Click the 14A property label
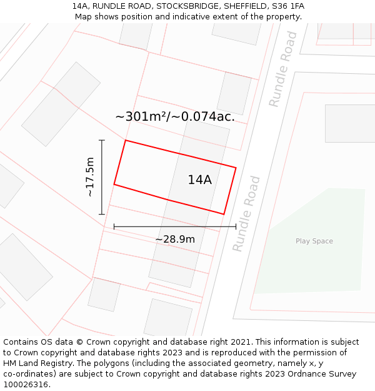point(199,180)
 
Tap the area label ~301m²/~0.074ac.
point(175,116)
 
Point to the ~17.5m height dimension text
point(90,177)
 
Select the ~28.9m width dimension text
point(175,240)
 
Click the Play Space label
point(314,241)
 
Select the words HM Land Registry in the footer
point(37,363)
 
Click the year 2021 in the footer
point(239,342)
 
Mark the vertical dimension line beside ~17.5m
point(102,177)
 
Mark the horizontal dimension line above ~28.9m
point(175,226)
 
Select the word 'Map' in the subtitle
point(84,17)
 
